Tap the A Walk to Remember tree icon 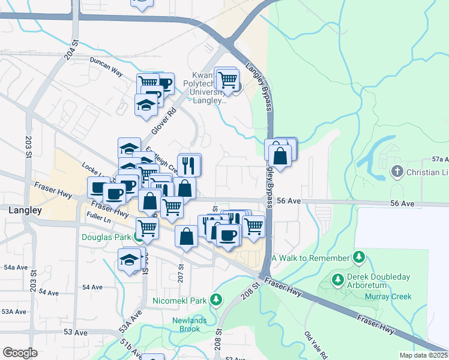pos(359,258)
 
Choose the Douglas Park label pos(106,237)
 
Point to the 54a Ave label pos(16,267)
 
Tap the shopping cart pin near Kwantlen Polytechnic pos(226,79)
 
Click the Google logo pos(20,353)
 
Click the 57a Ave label pos(440,160)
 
